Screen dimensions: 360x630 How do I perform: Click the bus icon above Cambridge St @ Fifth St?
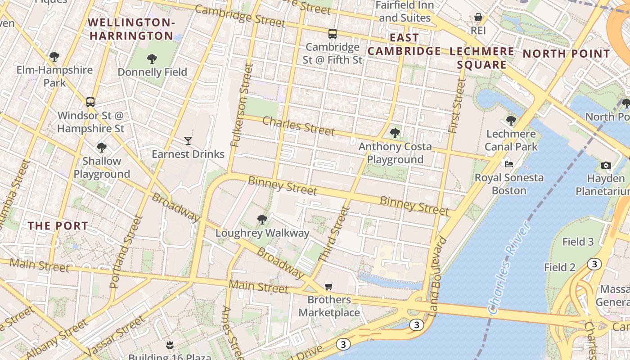pos(332,33)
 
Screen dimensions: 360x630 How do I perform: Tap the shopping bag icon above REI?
pos(478,18)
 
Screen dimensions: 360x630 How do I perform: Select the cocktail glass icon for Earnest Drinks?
pos(188,141)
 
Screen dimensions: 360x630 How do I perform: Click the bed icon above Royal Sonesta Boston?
pos(509,164)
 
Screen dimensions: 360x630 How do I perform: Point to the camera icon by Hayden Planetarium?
pos(606,165)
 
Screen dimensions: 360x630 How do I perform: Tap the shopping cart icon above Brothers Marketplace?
pos(329,287)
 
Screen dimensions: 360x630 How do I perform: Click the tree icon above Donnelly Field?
pos(152,58)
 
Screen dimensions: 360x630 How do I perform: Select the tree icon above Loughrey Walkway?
pos(262,220)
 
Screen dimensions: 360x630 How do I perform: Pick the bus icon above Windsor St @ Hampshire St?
pos(90,102)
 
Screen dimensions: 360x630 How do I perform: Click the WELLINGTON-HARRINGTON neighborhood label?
pos(130,29)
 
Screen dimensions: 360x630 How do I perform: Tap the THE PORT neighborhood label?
pos(58,225)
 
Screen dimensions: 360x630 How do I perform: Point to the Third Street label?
pos(333,234)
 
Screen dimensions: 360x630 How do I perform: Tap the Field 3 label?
pos(578,242)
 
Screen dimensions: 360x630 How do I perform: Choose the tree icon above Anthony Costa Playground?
pos(395,133)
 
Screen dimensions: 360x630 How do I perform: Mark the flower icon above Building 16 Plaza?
pos(169,345)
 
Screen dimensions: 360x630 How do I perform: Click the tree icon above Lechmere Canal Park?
pos(511,120)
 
